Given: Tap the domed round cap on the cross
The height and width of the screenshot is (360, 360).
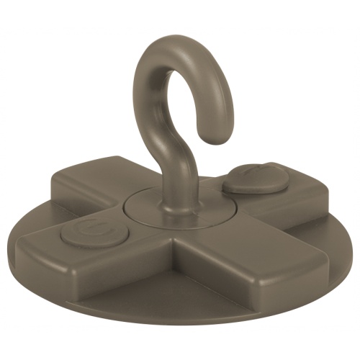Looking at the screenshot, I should coord(256,176).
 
